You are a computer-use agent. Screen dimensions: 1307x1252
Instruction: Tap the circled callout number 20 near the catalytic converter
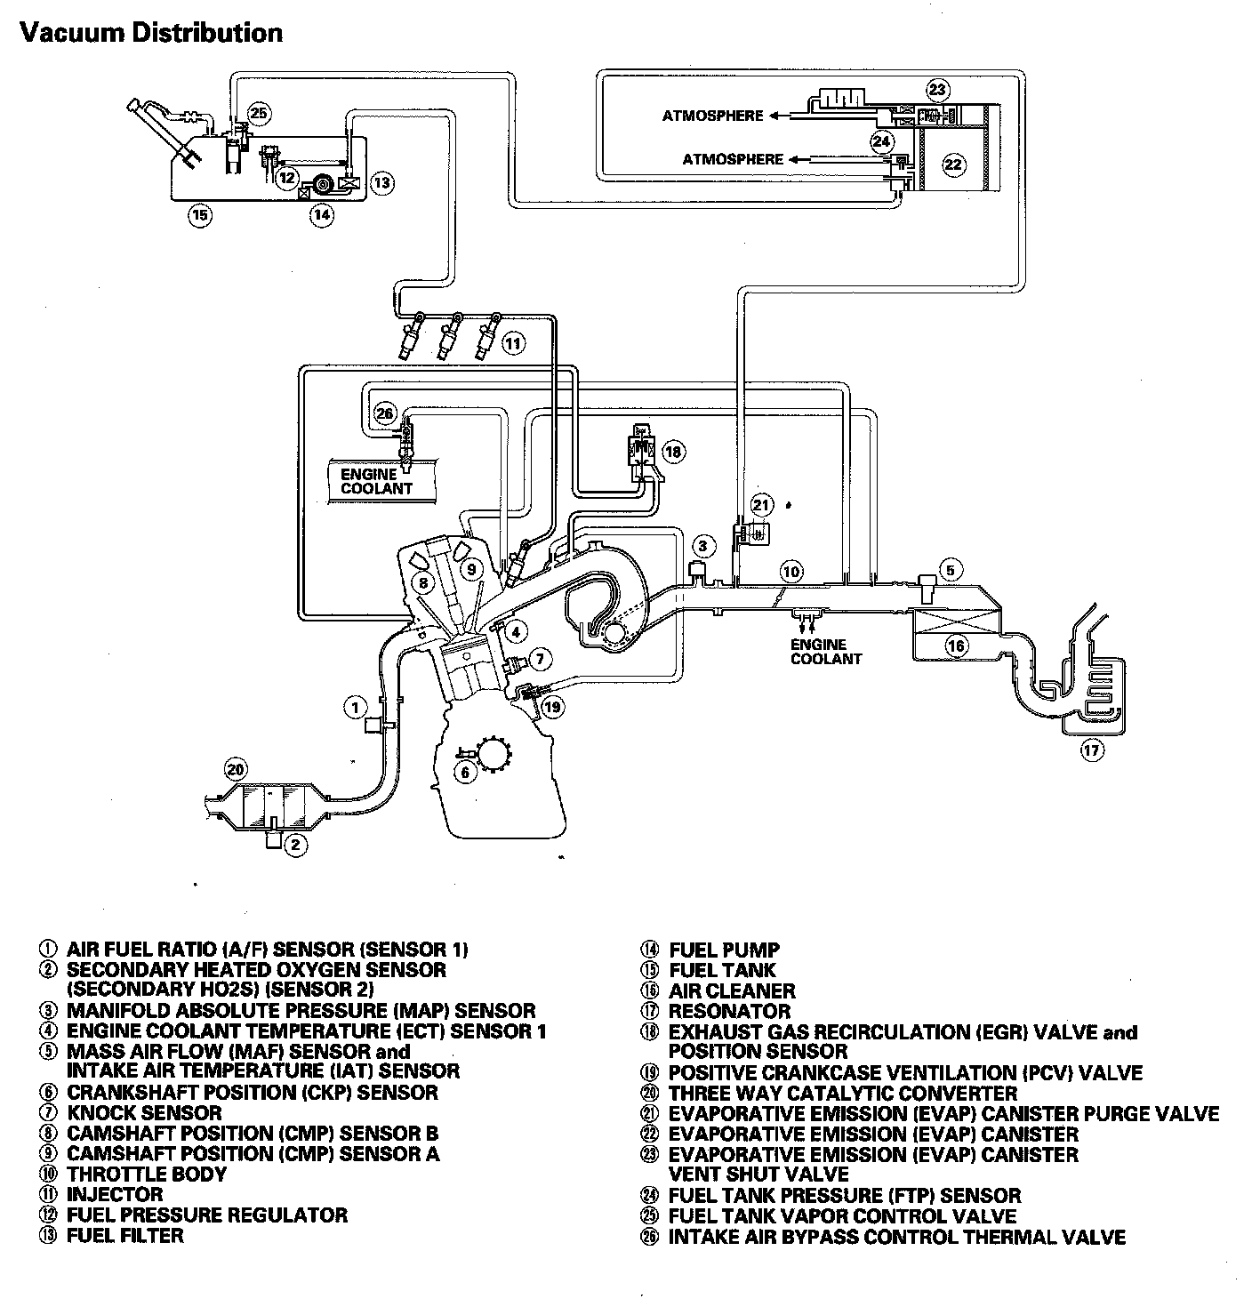pyautogui.click(x=234, y=770)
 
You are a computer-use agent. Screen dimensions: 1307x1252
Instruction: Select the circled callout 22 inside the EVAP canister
pyautogui.click(x=952, y=164)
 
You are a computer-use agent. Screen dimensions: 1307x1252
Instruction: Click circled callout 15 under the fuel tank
pyautogui.click(x=201, y=215)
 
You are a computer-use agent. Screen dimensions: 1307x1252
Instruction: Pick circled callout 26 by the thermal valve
pyautogui.click(x=384, y=413)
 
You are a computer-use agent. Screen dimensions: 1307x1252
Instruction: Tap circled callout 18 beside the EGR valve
pyautogui.click(x=673, y=452)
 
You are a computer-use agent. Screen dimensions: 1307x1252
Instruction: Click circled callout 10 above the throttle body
pyautogui.click(x=791, y=571)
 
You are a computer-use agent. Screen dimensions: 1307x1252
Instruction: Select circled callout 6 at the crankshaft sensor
pyautogui.click(x=465, y=772)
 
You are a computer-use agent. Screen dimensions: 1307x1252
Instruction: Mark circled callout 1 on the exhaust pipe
pyautogui.click(x=355, y=708)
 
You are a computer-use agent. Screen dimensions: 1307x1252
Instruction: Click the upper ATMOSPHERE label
pyautogui.click(x=712, y=116)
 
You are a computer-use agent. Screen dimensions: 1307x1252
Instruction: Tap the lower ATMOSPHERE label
pyautogui.click(x=733, y=160)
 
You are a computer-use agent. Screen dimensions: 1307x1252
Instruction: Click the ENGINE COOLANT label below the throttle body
pyautogui.click(x=826, y=652)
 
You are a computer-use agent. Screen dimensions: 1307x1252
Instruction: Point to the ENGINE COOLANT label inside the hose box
pyautogui.click(x=377, y=481)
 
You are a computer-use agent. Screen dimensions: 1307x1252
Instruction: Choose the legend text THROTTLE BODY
pyautogui.click(x=147, y=1174)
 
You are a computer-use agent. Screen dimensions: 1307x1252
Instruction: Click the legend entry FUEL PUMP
pyautogui.click(x=724, y=950)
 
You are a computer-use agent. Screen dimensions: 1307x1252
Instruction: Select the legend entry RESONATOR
pyautogui.click(x=729, y=1012)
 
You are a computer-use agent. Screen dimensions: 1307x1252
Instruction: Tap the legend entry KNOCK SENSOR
pyautogui.click(x=144, y=1112)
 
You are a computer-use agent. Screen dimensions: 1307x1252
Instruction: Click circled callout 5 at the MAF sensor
pyautogui.click(x=950, y=570)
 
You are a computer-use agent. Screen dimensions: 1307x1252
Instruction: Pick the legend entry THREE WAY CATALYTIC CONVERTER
pyautogui.click(x=842, y=1094)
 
